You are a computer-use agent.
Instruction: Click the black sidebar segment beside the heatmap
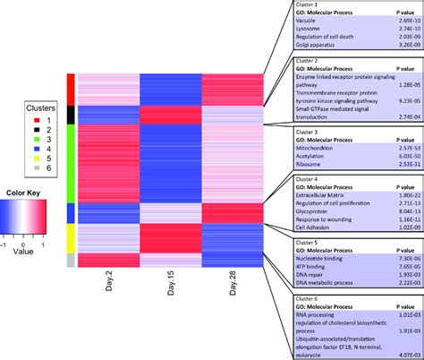(70, 115)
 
